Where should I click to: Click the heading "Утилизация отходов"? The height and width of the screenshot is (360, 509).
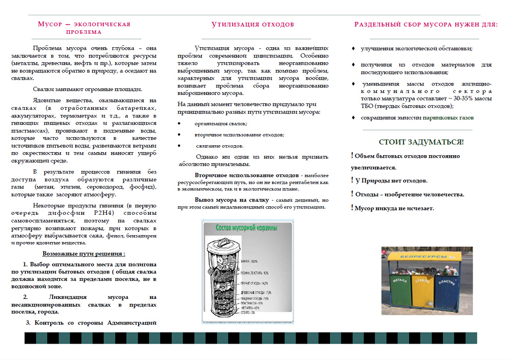253,24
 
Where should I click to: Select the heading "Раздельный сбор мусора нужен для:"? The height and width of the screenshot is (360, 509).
425,24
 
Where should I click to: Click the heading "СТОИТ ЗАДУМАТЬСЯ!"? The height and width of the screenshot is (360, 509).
421,142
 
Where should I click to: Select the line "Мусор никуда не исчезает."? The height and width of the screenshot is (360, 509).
394,208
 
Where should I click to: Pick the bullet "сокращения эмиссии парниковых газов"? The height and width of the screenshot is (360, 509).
417,118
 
